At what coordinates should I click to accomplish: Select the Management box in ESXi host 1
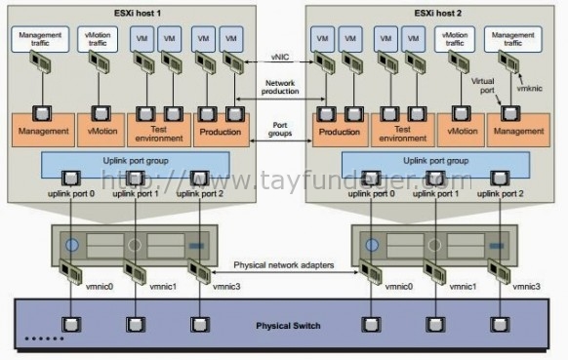(43, 131)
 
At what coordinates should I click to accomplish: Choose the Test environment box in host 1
(161, 131)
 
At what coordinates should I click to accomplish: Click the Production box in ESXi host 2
(341, 131)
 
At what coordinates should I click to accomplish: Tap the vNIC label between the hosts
(280, 59)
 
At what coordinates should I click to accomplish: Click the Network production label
(280, 88)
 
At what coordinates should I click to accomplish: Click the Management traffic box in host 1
(41, 40)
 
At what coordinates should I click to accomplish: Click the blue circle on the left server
(71, 244)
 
